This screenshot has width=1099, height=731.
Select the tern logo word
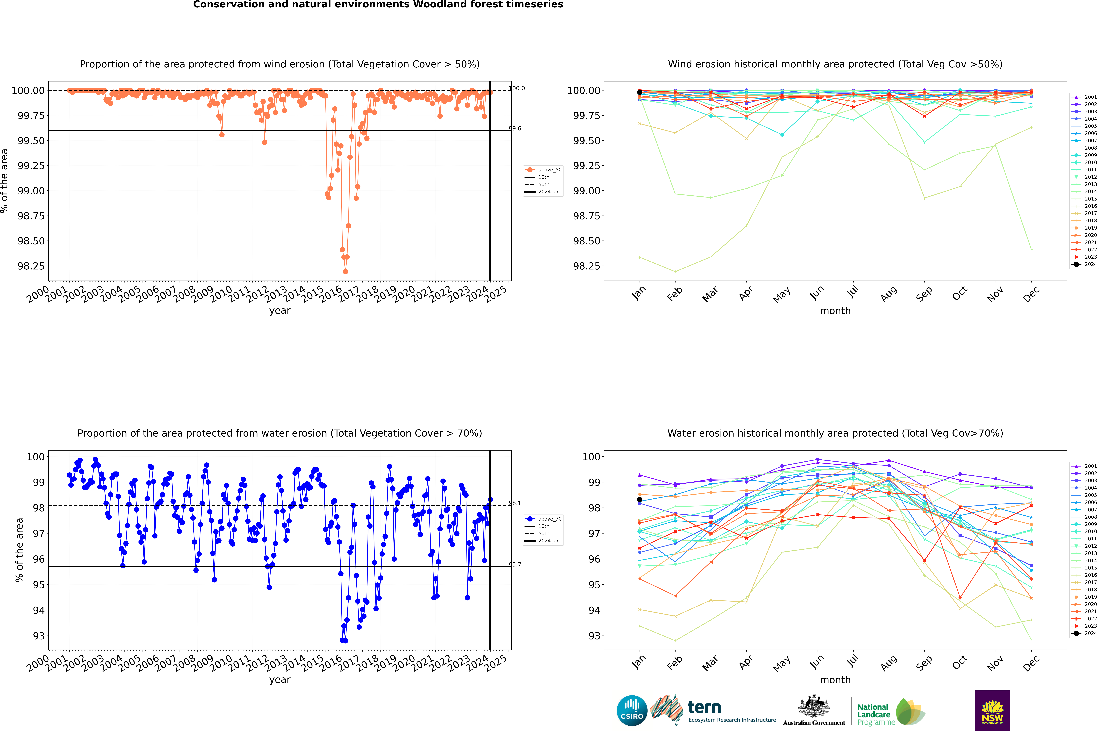coord(704,708)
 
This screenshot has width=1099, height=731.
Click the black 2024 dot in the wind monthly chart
coord(640,92)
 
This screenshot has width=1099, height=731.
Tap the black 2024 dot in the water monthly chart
coord(640,500)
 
